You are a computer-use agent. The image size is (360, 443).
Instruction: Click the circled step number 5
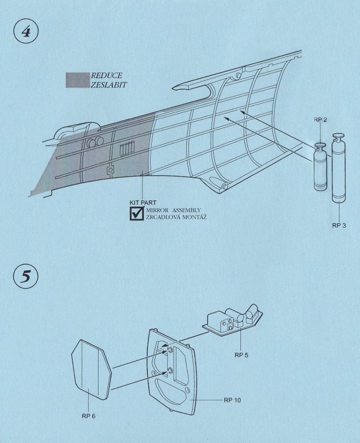pos(25,276)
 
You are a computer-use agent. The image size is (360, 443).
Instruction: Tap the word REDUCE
pos(106,75)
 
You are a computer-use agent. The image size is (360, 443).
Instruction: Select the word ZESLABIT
pos(109,85)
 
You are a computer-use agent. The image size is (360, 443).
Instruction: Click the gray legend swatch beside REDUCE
pos(78,80)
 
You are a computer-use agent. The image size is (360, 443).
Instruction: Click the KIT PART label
pos(143,203)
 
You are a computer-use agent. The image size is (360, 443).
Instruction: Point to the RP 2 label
pos(320,120)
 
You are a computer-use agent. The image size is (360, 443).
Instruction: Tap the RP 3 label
pos(339,225)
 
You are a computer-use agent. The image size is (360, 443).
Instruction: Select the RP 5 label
pos(241,355)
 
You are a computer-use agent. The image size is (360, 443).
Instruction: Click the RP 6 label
pos(89,416)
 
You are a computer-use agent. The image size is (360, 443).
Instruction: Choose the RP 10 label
pos(232,400)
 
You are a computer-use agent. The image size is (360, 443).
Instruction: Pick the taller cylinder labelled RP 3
pos(339,168)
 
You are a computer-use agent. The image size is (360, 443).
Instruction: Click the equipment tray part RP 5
pos(233,321)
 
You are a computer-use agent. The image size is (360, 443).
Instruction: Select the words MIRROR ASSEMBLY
pos(173,210)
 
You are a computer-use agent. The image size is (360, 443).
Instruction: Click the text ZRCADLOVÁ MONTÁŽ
pos(176,217)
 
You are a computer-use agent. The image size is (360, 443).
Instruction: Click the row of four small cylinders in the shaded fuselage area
pos(127,148)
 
